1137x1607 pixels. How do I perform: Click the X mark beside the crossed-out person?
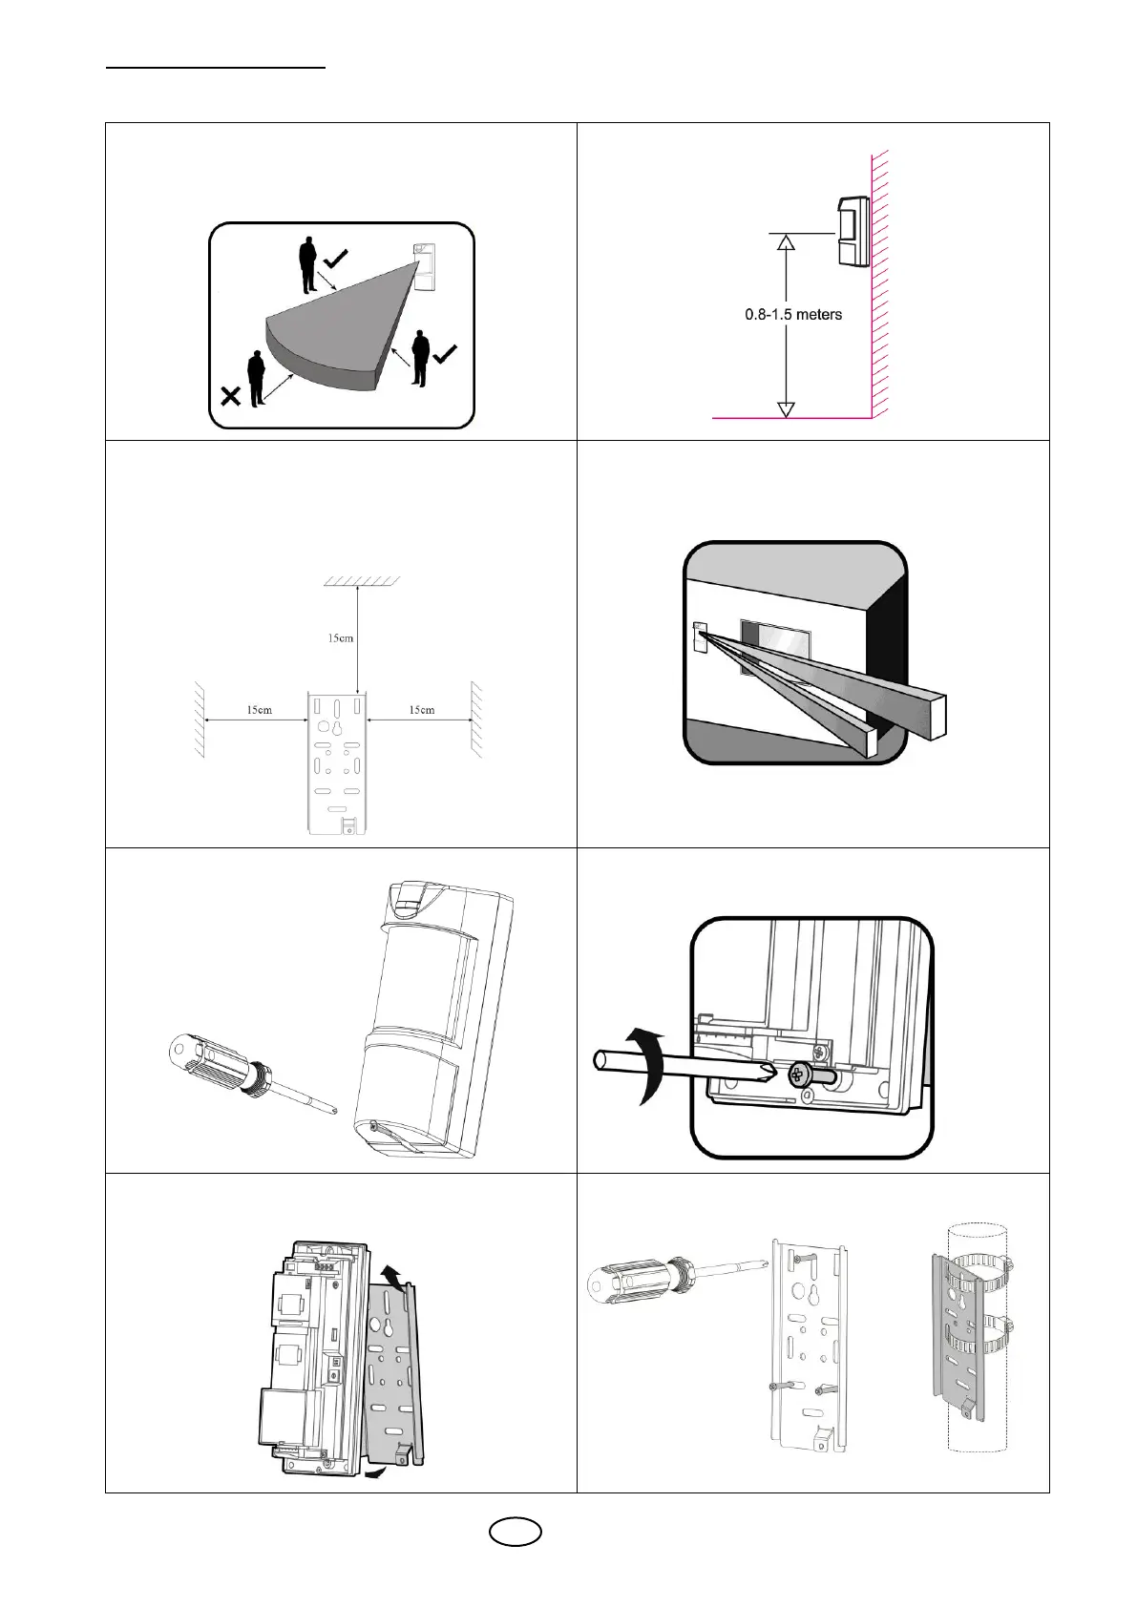230,396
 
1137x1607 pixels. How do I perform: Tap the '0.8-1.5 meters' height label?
793,314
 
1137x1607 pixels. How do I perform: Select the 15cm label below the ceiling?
341,637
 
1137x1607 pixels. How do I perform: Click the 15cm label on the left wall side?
259,710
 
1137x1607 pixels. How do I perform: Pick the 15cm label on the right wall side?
421,710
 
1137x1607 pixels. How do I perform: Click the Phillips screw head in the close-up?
798,1075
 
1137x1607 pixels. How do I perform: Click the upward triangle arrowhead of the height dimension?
786,242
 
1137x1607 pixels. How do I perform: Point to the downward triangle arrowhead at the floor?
786,408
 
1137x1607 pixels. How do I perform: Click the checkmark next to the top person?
336,258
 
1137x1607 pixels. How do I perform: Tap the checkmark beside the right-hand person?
445,354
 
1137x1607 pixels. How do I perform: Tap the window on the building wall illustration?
775,650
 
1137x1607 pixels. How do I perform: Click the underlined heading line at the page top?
216,68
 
